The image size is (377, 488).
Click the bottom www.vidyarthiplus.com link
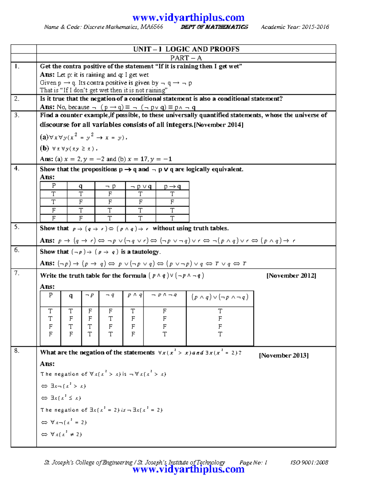pyautogui.click(x=188, y=469)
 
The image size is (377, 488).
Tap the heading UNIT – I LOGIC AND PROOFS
pyautogui.click(x=186, y=49)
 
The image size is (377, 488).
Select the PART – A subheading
pyautogui.click(x=186, y=58)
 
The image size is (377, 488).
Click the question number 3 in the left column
pyautogui.click(x=17, y=115)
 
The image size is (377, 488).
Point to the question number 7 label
pyautogui.click(x=17, y=273)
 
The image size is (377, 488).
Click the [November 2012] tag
pyautogui.click(x=291, y=276)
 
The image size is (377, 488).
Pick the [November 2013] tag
pyautogui.click(x=284, y=355)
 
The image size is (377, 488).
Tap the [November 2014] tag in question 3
pyautogui.click(x=219, y=125)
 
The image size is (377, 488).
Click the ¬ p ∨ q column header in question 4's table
pyautogui.click(x=140, y=186)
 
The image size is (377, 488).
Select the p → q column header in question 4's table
pyautogui.click(x=172, y=186)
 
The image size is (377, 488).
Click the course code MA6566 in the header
pyautogui.click(x=152, y=27)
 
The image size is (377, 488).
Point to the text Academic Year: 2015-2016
pyautogui.click(x=295, y=27)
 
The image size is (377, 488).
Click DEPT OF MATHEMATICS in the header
pyautogui.click(x=214, y=27)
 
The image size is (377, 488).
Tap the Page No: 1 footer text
pyautogui.click(x=253, y=463)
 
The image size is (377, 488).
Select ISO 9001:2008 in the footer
pyautogui.click(x=309, y=463)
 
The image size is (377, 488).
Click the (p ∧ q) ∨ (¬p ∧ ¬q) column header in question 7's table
pyautogui.click(x=220, y=297)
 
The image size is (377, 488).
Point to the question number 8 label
pyautogui.click(x=17, y=351)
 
